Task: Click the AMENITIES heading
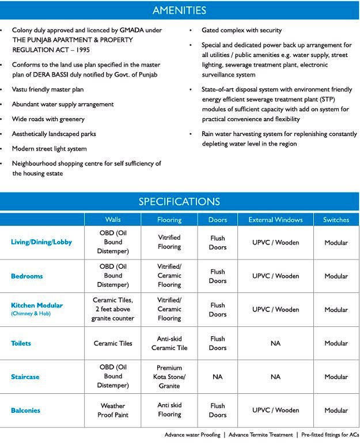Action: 179,10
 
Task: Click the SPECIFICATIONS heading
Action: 179,202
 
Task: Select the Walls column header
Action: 113,220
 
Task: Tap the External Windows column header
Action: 275,220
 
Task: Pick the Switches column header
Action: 336,220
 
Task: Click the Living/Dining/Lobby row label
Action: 41,242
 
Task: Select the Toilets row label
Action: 21,343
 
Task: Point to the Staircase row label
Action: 25,377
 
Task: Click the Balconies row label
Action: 25,411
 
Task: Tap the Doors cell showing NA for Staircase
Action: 217,377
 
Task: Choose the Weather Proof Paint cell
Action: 113,411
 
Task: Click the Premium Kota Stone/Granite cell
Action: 169,377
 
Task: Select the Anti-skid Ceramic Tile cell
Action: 169,343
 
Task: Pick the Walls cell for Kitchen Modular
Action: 113,310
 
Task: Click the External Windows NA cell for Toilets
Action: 275,343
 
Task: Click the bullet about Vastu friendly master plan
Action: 48,89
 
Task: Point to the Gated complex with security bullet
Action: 241,30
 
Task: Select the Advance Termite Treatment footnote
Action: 262,435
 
